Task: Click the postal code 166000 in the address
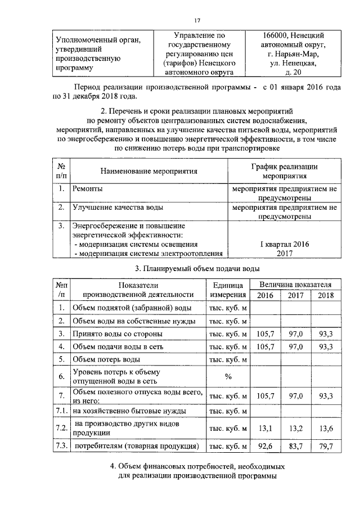(x=273, y=35)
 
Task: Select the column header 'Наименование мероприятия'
(x=149, y=171)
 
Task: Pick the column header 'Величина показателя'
(x=295, y=285)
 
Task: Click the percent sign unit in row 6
(x=228, y=376)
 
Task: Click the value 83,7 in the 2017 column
(x=295, y=447)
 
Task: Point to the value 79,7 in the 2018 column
(x=326, y=447)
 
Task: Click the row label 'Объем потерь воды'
(x=105, y=359)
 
